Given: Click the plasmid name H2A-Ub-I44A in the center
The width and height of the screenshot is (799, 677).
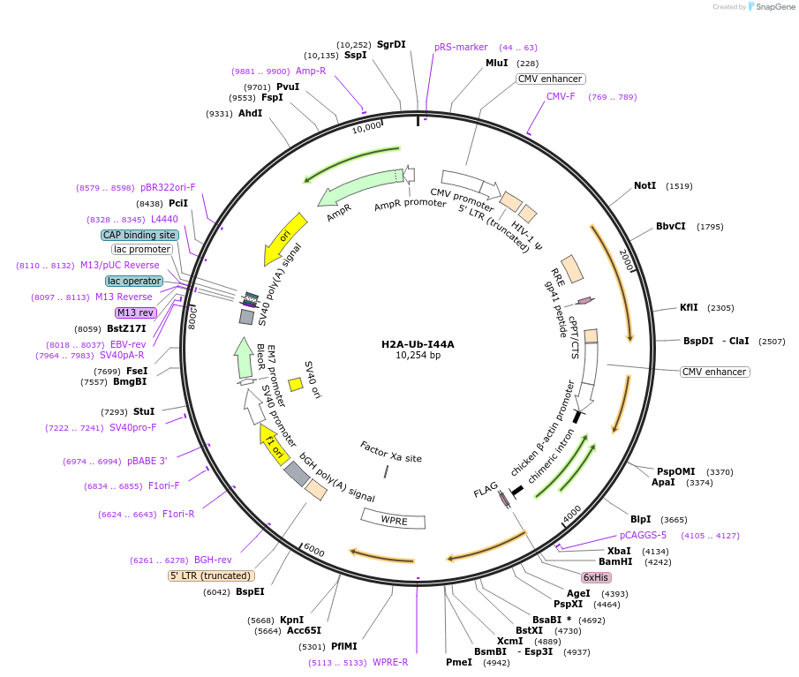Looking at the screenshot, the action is click(x=418, y=344).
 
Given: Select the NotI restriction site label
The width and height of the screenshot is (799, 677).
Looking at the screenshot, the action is click(x=644, y=185).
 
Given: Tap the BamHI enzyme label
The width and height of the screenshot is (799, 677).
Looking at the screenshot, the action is click(x=615, y=561).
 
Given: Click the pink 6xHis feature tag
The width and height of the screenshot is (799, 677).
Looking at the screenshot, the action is click(x=596, y=577).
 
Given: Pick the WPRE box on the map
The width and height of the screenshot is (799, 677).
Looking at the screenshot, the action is click(x=394, y=520).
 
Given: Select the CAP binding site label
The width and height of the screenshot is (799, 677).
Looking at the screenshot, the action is click(x=139, y=235).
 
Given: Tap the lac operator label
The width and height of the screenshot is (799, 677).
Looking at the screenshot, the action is click(x=134, y=281).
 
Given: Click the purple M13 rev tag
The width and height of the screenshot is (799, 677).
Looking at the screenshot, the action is click(x=136, y=312).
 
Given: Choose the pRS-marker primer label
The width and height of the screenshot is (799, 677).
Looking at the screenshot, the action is click(x=461, y=47).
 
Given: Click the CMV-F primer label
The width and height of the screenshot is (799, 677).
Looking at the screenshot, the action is click(x=561, y=96).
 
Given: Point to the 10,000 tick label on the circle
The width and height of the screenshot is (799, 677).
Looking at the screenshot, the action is click(x=366, y=127).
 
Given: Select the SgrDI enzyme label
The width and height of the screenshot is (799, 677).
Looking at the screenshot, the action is click(x=391, y=44).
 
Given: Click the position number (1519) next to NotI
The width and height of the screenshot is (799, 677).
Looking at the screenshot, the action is click(x=679, y=186).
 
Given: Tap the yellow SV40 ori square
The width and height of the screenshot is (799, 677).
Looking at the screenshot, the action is click(x=296, y=385).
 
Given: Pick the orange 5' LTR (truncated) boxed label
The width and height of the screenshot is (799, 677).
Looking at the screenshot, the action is click(x=211, y=575).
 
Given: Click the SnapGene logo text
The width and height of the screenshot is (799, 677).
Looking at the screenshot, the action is click(x=775, y=7).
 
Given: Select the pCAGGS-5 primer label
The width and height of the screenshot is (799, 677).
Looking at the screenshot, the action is click(x=643, y=535).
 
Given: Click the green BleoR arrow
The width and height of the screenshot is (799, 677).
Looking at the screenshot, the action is click(x=244, y=358).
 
